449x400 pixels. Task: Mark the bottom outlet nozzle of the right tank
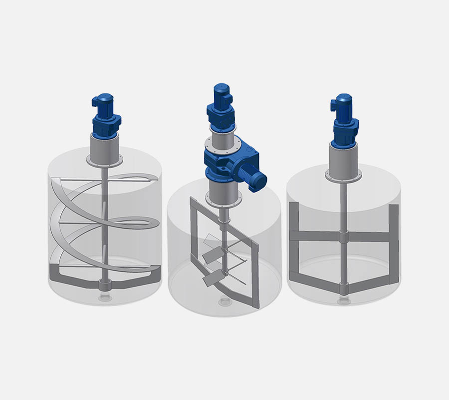click(342, 300)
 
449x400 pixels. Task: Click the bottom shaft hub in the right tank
click(342, 288)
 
